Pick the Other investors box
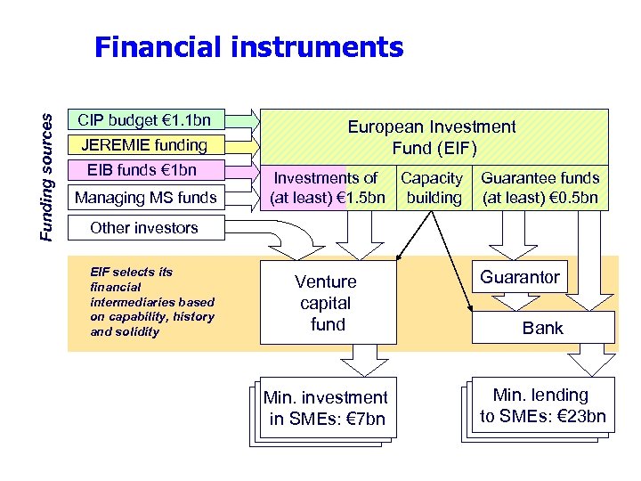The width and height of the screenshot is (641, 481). (x=144, y=227)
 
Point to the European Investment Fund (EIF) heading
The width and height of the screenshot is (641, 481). (x=432, y=137)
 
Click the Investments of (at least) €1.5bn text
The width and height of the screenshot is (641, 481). (x=325, y=188)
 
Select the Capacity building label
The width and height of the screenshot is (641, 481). (x=433, y=188)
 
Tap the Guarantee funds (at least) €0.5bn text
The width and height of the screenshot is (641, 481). (x=540, y=188)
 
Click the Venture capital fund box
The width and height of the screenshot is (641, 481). (x=327, y=303)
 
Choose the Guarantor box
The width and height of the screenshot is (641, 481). (x=521, y=277)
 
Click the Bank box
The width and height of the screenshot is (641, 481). (x=543, y=328)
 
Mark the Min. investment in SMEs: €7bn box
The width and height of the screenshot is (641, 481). (x=326, y=408)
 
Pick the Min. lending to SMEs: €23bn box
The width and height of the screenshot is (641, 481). (x=542, y=405)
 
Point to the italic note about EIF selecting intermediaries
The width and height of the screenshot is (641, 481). (x=152, y=302)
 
